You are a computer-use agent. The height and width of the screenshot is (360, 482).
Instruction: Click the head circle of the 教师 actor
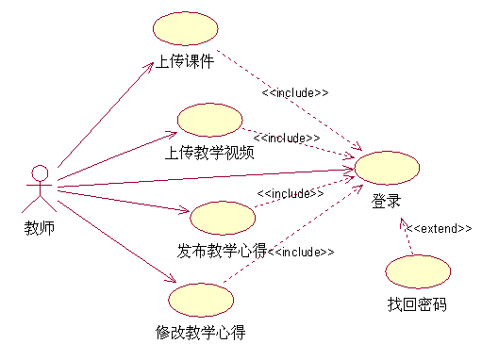pos(39,172)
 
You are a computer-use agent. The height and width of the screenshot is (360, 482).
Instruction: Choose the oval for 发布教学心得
pos(223,218)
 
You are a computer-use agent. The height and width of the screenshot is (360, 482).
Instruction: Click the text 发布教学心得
pos(222,251)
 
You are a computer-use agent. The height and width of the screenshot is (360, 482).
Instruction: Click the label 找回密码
pos(417,304)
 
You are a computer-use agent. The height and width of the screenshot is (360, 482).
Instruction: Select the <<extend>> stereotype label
pos(439,228)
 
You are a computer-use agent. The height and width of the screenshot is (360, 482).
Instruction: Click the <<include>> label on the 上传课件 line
pos(295,93)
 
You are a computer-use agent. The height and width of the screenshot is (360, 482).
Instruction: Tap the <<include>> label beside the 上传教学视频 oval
pos(286,138)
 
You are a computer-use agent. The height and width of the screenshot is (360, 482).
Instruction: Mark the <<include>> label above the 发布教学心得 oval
pos(291,193)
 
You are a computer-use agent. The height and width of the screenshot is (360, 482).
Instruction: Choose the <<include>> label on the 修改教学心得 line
pos(303,252)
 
